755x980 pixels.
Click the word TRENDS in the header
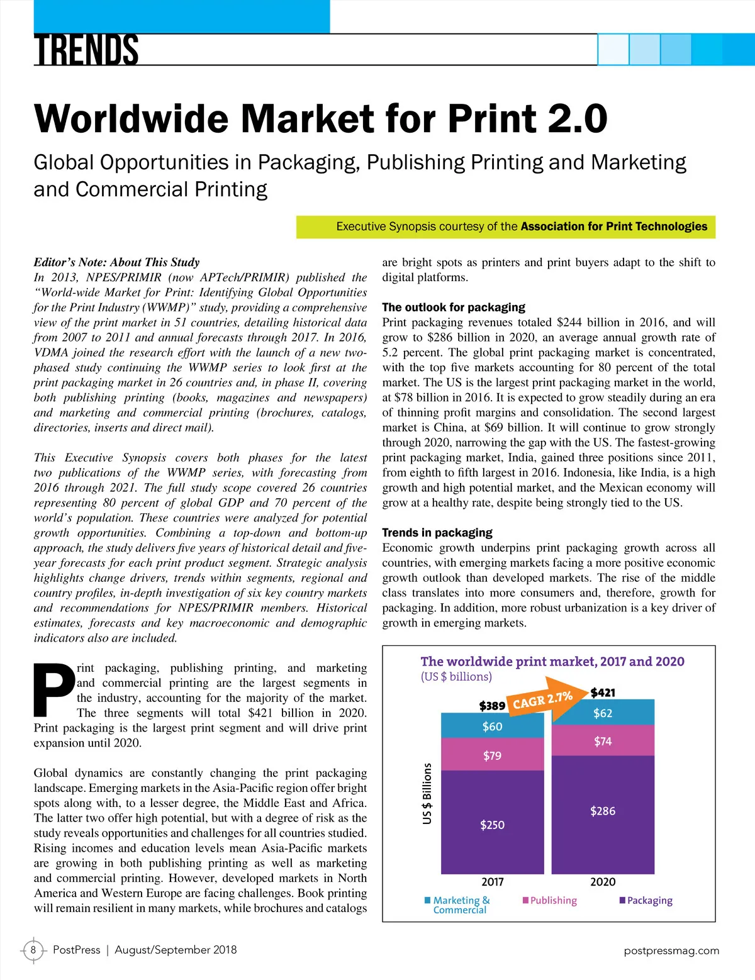coord(86,50)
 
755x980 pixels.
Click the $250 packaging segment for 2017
coord(492,825)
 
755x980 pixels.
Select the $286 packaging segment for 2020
coord(603,811)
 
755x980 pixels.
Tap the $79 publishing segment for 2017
coord(492,755)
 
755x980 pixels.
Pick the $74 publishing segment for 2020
coord(603,742)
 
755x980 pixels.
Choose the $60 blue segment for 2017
coord(492,727)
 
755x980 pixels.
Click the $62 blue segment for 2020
coord(603,713)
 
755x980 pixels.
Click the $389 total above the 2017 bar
coord(492,706)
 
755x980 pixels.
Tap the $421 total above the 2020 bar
coord(603,693)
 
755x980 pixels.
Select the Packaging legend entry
coord(646,900)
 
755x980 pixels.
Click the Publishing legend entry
coord(550,900)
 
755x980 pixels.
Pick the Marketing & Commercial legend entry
coord(457,905)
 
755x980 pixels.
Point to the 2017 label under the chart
coord(492,882)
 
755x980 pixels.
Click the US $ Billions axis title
coord(427,793)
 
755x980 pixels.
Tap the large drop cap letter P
coord(53,690)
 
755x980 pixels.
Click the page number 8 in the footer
coord(33,950)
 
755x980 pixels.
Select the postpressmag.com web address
coord(671,950)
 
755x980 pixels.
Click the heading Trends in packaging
coord(437,533)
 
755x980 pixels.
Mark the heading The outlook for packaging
coord(454,308)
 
